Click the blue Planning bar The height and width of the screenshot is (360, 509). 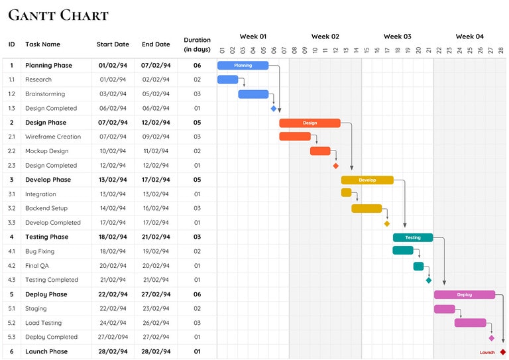click(243, 66)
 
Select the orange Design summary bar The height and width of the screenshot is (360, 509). click(310, 123)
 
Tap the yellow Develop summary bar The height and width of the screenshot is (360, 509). click(367, 180)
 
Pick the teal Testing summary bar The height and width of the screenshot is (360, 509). click(412, 237)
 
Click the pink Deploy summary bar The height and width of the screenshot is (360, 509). click(464, 294)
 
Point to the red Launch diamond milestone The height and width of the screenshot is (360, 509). click(503, 352)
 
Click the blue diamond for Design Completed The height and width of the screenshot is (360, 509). click(274, 109)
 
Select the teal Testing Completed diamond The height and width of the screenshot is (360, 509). click(429, 280)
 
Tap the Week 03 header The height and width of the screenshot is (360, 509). click(397, 36)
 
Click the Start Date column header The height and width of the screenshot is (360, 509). click(113, 44)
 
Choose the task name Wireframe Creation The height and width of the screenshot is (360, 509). click(53, 137)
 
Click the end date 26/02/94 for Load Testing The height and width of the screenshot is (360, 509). click(156, 323)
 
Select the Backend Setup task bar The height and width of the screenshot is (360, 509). click(367, 208)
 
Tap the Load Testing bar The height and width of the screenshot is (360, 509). click(470, 323)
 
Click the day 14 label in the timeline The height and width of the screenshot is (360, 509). click(357, 50)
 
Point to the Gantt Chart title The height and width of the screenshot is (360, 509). click(58, 15)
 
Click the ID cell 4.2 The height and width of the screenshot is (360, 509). click(11, 266)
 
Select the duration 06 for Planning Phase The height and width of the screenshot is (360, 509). click(197, 66)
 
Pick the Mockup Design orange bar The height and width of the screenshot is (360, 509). click(320, 151)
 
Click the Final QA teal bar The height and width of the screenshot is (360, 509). click(418, 266)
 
